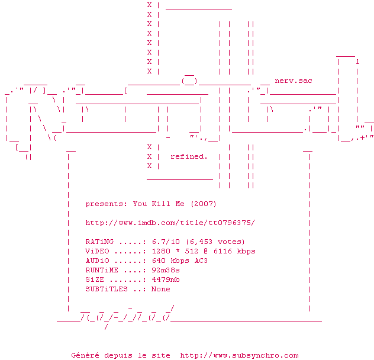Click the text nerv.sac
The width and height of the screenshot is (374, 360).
pyautogui.click(x=294, y=81)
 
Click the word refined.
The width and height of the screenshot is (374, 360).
pyautogui.click(x=189, y=156)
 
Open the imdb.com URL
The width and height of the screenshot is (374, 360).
pyautogui.click(x=170, y=223)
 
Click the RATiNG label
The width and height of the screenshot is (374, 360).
pyautogui.click(x=99, y=242)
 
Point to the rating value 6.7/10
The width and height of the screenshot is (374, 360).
pyautogui.click(x=166, y=242)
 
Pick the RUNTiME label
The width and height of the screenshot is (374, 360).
pyautogui.click(x=102, y=270)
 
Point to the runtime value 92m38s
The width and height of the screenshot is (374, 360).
pyautogui.click(x=166, y=270)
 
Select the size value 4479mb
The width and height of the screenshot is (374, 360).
pyautogui.click(x=166, y=279)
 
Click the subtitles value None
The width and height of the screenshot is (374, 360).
pyautogui.click(x=161, y=289)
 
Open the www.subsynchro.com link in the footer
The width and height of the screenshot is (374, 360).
pyautogui.click(x=239, y=355)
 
